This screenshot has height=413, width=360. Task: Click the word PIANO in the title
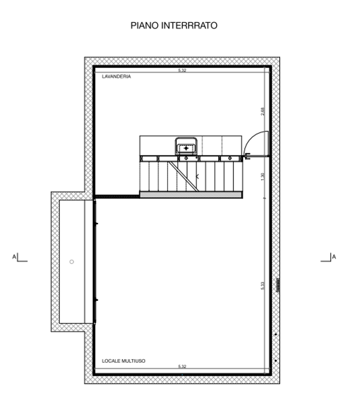tap(145, 26)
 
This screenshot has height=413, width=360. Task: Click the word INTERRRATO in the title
tap(189, 26)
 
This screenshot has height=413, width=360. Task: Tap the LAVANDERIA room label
tap(116, 77)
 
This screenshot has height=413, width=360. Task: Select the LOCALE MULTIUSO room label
tap(123, 361)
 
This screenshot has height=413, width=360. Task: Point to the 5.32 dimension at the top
tap(182, 70)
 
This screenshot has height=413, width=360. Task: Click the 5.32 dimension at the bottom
tap(182, 366)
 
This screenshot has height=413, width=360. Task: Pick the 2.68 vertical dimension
tap(262, 111)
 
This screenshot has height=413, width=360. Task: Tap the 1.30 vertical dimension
tap(262, 177)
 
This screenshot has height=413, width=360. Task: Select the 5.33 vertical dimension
tap(262, 286)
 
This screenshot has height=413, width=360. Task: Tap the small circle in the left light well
tap(72, 262)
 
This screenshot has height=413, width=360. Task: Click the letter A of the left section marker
tap(14, 257)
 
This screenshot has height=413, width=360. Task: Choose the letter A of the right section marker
tap(334, 257)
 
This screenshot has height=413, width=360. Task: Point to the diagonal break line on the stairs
tap(184, 176)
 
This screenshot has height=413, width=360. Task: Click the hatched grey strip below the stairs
tap(191, 195)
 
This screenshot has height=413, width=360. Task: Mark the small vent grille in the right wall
tap(278, 285)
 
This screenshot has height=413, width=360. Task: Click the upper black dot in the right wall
tap(275, 334)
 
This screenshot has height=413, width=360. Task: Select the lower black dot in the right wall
tap(275, 361)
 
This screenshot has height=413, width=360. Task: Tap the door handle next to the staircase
tap(247, 156)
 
